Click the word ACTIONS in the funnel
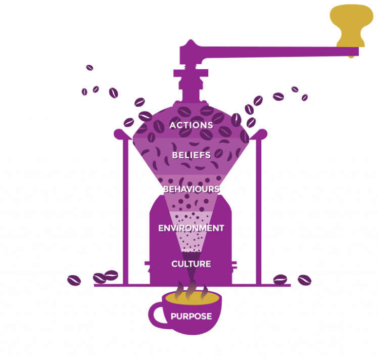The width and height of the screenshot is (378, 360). [191, 125]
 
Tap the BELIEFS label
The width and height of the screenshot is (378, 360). [191, 155]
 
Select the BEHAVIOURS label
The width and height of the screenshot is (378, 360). [191, 189]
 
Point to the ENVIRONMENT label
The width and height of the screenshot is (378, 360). [191, 228]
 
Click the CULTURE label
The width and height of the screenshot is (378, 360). [191, 264]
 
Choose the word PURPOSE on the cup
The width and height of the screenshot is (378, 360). [191, 317]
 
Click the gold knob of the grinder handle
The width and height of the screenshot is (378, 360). [352, 23]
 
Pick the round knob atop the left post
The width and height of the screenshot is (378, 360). [119, 133]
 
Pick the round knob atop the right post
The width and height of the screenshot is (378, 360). [263, 133]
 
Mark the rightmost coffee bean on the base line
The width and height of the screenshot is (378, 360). [304, 280]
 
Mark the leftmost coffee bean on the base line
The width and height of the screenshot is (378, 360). [74, 280]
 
